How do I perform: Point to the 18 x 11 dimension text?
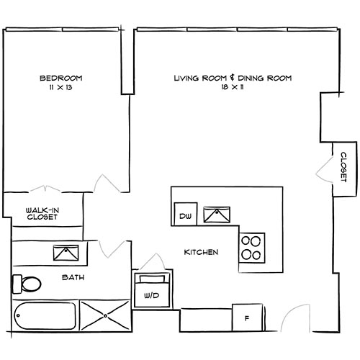pos(233,87)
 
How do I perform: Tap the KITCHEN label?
pos(201,252)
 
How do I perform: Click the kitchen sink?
pos(216,215)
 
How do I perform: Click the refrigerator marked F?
pos(246,317)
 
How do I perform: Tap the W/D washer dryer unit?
pos(151,291)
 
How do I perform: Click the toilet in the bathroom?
pos(28,284)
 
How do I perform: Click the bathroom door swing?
pos(113,249)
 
